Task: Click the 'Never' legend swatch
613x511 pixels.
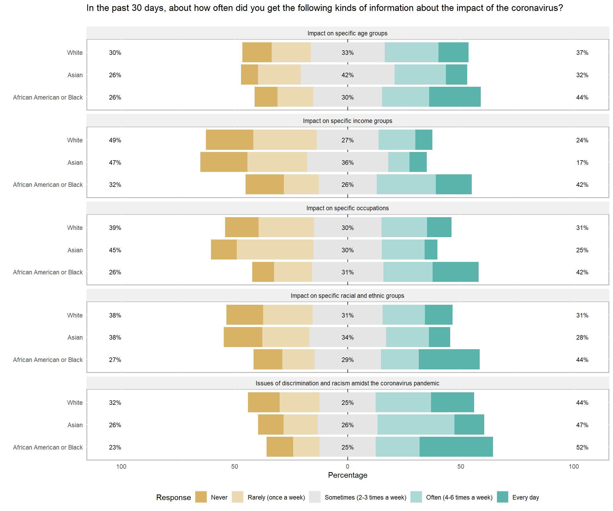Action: point(201,497)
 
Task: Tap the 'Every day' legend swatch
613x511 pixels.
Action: point(502,497)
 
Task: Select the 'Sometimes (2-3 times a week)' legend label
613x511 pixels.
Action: point(365,497)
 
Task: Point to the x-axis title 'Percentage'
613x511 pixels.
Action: point(347,475)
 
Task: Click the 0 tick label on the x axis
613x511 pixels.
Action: point(347,466)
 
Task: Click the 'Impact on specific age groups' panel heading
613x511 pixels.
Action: point(347,33)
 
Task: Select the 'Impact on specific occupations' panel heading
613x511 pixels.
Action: point(347,208)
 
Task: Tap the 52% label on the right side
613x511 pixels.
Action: point(582,447)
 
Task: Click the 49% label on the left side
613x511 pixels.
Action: point(115,140)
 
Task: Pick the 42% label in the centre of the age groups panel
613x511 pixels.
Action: point(347,75)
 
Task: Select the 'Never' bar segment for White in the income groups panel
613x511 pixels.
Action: point(229,140)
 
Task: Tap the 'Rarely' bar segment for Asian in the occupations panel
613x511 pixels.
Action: point(275,250)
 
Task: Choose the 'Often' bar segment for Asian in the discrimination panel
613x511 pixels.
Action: point(416,425)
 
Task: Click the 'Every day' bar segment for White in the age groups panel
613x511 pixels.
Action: point(453,52)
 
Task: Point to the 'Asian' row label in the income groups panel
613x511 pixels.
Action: point(75,163)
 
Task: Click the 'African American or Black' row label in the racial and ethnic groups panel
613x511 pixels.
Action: point(48,360)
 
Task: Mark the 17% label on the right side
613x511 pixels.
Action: point(582,163)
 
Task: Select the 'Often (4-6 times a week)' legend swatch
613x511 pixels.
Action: point(416,497)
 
